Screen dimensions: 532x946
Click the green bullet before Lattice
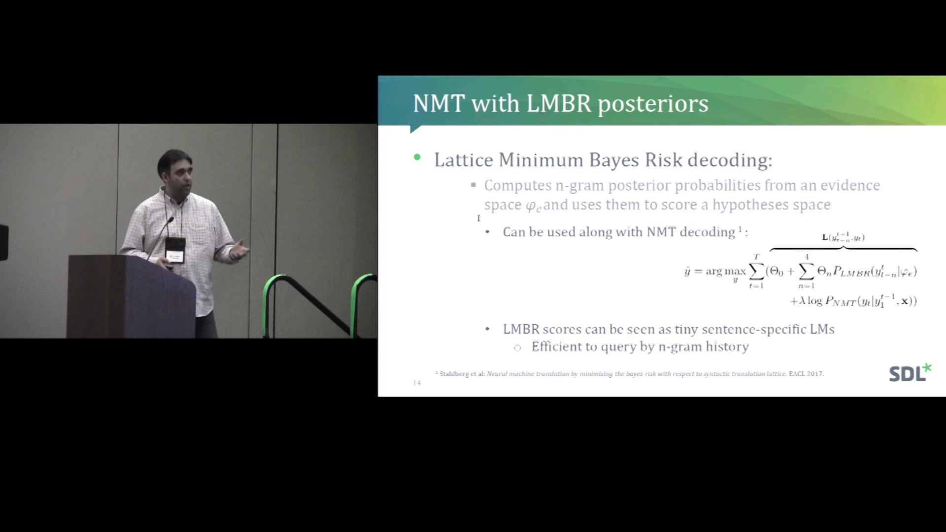coord(417,158)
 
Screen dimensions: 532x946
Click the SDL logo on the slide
coord(910,373)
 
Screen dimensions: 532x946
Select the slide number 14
coord(417,383)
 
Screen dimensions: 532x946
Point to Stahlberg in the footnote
coord(454,374)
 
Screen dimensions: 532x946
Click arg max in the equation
coord(725,271)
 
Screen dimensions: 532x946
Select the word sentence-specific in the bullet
coord(753,329)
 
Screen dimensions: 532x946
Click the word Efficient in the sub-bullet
coord(556,347)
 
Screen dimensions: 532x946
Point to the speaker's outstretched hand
coord(240,250)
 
